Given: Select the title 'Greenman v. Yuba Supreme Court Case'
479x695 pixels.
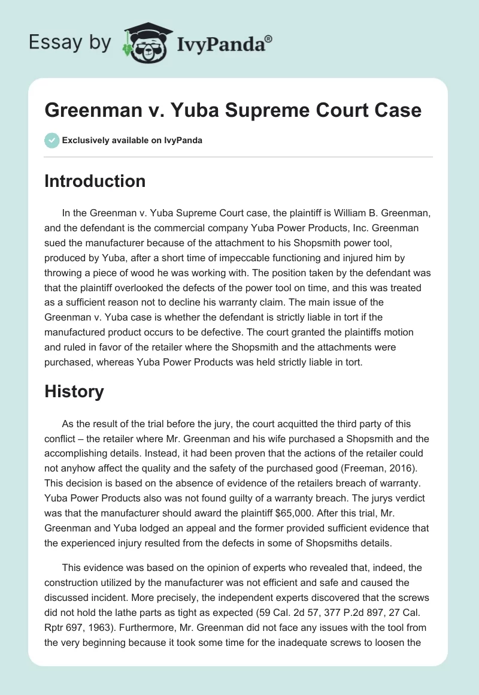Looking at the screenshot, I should (x=233, y=110).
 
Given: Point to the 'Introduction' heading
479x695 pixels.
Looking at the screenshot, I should (x=95, y=181).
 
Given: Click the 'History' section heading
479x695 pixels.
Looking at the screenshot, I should (x=74, y=392).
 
